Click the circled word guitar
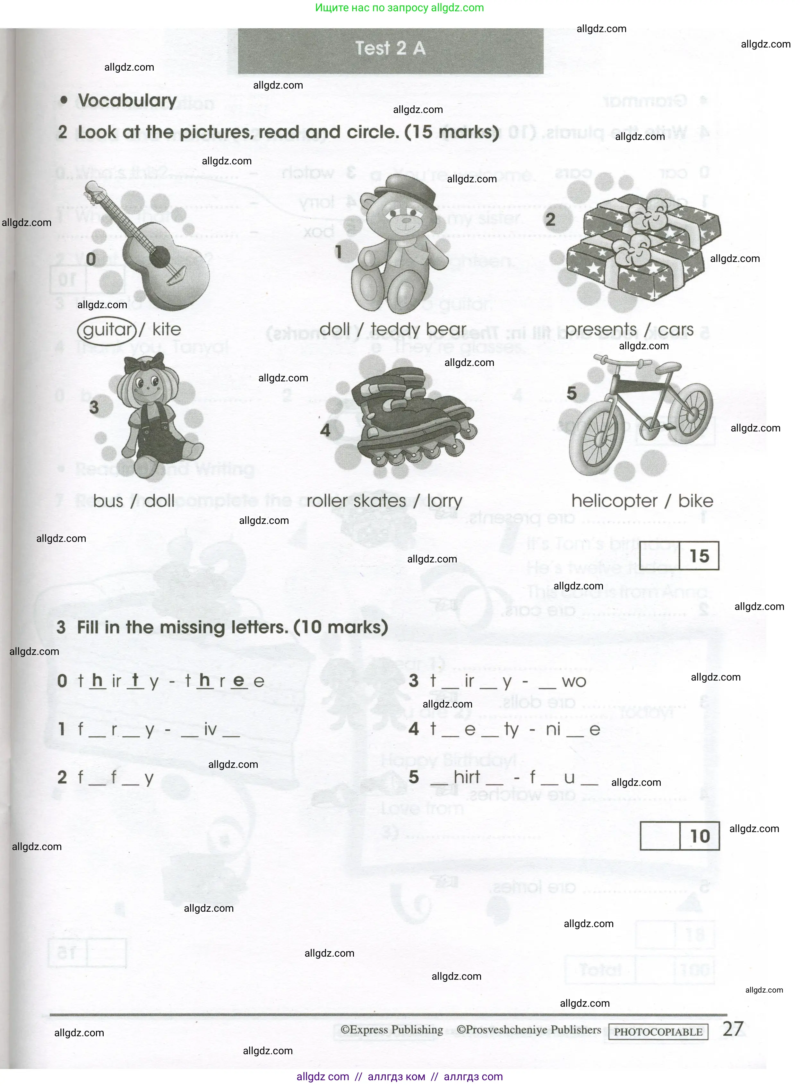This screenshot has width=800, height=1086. point(107,330)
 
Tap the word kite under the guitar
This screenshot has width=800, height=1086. point(167,329)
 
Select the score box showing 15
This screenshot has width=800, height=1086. point(679,556)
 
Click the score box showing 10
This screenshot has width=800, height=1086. point(679,836)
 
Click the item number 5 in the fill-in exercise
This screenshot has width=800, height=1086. point(414,777)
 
